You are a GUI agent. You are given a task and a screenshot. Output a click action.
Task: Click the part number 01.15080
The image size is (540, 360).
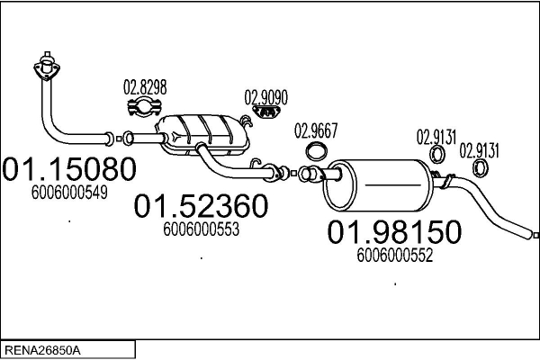click(x=69, y=169)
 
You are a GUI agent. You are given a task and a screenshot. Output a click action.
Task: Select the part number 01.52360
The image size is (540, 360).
click(x=201, y=206)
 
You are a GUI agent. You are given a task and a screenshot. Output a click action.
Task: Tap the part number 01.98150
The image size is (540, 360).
click(x=394, y=232)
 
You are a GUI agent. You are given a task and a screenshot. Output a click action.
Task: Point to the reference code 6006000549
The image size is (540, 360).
click(x=69, y=193)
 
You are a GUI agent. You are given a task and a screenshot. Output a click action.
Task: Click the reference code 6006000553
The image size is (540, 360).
click(x=201, y=229)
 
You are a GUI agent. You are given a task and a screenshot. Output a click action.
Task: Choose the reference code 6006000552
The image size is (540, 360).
click(x=395, y=256)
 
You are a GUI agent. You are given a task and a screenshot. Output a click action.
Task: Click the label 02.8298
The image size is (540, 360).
click(x=145, y=87)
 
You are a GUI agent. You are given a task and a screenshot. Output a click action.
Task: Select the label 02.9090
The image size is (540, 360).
click(x=265, y=98)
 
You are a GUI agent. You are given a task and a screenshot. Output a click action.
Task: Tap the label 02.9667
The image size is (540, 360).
click(x=316, y=130)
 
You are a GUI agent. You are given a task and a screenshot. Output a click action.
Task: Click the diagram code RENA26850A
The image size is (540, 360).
click(x=42, y=351)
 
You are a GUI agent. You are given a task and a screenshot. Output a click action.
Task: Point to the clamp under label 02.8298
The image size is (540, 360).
click(x=145, y=107)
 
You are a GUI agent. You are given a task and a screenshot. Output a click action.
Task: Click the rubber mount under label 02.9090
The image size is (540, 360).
click(x=266, y=112)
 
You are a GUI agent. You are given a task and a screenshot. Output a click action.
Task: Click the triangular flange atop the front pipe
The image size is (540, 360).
click(x=47, y=68)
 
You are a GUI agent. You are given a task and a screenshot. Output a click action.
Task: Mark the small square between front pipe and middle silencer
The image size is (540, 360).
click(x=119, y=139)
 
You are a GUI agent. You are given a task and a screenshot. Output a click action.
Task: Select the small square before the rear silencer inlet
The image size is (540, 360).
click(x=293, y=174)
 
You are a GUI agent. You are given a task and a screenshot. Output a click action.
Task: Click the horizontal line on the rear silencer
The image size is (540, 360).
click(x=393, y=185)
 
